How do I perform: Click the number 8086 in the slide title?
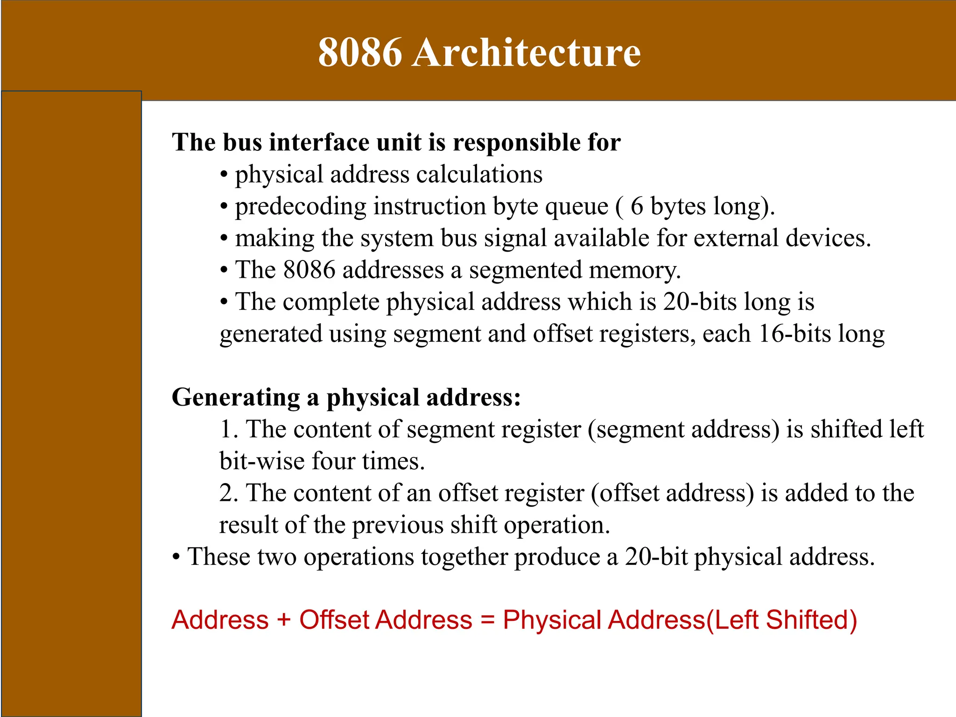(x=360, y=52)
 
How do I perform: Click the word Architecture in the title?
(x=527, y=52)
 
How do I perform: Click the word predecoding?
(x=301, y=207)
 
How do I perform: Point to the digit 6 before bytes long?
(x=637, y=206)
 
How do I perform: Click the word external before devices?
(x=736, y=238)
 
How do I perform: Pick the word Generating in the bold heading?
(x=236, y=398)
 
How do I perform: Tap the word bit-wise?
(x=262, y=461)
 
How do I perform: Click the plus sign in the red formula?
(x=284, y=620)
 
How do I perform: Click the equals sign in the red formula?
(x=487, y=620)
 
